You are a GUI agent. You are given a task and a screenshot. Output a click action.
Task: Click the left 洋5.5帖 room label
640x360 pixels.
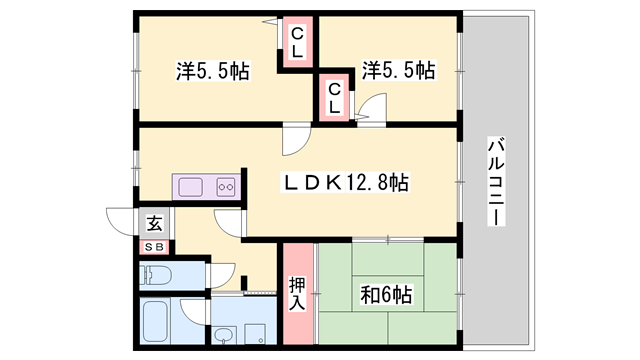point(212,71)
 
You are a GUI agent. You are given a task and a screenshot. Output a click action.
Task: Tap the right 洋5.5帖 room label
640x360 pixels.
point(398,70)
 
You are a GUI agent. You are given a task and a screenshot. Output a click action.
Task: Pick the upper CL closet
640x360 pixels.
point(297,43)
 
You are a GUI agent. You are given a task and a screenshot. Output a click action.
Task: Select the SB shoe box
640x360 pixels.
point(155,246)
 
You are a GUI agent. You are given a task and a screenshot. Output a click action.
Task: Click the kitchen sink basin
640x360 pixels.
point(190,186)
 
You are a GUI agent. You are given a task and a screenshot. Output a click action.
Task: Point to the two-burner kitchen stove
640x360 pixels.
point(224,186)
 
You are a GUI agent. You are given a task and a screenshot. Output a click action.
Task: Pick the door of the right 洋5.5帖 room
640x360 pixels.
point(372,107)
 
